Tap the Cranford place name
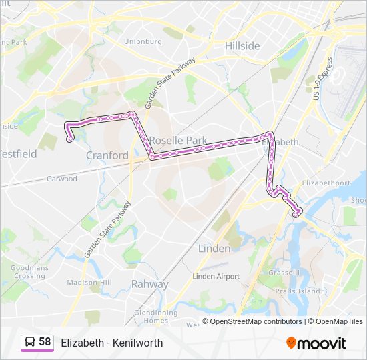(x=107, y=155)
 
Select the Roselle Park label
(x=178, y=141)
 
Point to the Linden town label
(x=214, y=248)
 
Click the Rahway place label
(x=149, y=284)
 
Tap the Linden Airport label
(x=215, y=276)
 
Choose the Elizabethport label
(x=326, y=183)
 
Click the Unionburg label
(x=143, y=41)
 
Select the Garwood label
(x=62, y=179)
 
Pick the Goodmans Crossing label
(x=29, y=272)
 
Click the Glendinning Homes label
(x=155, y=316)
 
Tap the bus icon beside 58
(x=29, y=343)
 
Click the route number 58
(x=45, y=342)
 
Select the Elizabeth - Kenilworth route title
(x=111, y=343)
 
